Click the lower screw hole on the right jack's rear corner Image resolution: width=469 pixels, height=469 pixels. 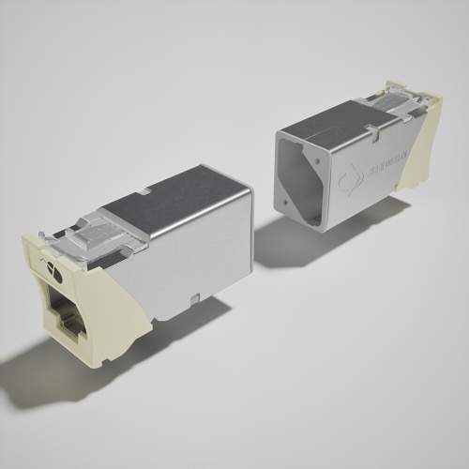[281, 202]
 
